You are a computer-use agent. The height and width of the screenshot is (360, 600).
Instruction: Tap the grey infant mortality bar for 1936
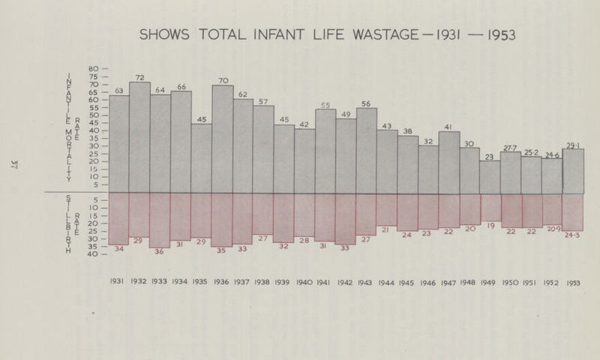tap(222, 139)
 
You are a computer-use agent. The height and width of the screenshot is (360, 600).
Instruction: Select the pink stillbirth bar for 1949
tap(490, 207)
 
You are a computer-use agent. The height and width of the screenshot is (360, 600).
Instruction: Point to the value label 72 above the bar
tap(139, 77)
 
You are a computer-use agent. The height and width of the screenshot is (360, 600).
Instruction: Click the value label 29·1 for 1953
tap(572, 145)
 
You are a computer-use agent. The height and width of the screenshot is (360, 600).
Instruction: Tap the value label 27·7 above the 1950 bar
tap(511, 148)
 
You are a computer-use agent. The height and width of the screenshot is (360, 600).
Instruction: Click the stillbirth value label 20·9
tap(553, 229)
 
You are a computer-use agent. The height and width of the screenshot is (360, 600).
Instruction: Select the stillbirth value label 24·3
tap(572, 235)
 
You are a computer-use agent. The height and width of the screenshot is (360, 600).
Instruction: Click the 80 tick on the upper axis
tap(94, 69)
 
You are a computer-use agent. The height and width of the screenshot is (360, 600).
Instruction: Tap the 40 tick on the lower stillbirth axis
tap(94, 254)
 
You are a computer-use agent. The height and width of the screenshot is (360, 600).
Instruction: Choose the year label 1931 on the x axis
tap(118, 283)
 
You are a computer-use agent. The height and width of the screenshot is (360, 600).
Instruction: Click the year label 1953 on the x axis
tap(573, 283)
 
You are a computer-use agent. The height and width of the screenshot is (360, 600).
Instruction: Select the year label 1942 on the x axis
tap(346, 283)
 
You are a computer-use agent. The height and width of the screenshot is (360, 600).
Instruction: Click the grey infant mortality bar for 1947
tap(448, 162)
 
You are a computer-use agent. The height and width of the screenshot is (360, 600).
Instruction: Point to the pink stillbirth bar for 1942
tap(346, 218)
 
